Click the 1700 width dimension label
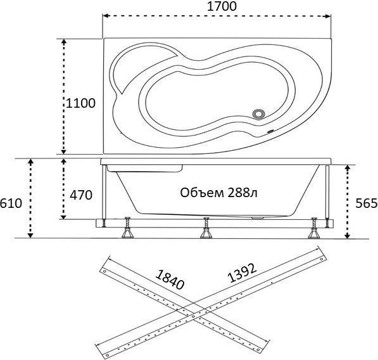tap(222, 6)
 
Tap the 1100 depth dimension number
tap(80, 103)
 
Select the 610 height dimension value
tap(11, 203)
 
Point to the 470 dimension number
tap(81, 195)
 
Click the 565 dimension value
tap(367, 203)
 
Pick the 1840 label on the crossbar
tap(170, 279)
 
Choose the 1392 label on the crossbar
tap(242, 273)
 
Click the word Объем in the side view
tap(202, 193)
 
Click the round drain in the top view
tap(259, 113)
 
